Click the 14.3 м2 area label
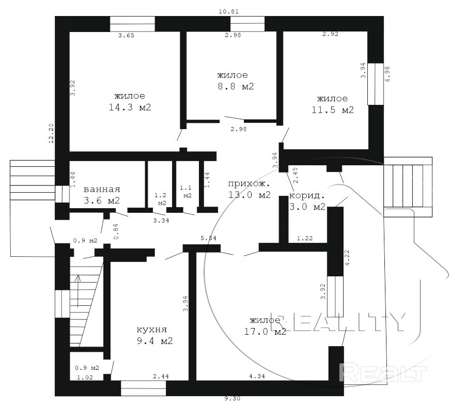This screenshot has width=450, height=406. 130,107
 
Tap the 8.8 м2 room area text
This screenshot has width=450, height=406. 236,86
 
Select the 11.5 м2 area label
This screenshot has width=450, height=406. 333,110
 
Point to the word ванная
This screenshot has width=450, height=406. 102,190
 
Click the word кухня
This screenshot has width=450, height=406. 151,330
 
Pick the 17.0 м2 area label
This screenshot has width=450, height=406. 265,332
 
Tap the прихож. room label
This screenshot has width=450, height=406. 249,183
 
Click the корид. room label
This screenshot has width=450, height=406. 307,196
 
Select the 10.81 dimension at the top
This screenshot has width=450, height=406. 229,11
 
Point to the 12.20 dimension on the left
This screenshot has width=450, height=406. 51,133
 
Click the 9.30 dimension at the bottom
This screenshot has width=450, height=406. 232,398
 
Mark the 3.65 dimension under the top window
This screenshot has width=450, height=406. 126,35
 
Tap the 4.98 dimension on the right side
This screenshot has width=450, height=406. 387,74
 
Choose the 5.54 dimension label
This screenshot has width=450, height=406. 209,238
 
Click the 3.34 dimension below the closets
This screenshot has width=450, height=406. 161,221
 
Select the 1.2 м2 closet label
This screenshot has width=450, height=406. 161,199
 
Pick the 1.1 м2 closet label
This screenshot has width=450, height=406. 185,192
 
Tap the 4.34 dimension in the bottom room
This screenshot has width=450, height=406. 257,376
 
